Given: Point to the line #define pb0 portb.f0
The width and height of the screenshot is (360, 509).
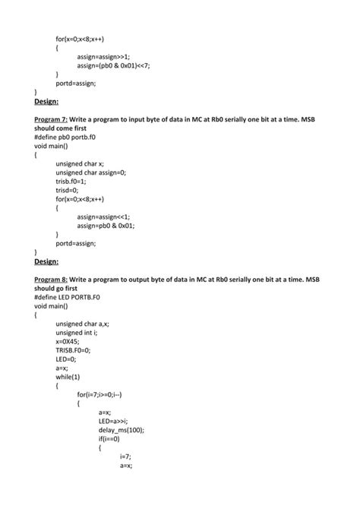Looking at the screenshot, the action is pos(71,138).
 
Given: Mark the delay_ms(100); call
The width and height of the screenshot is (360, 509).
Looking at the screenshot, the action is pos(122,430).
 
